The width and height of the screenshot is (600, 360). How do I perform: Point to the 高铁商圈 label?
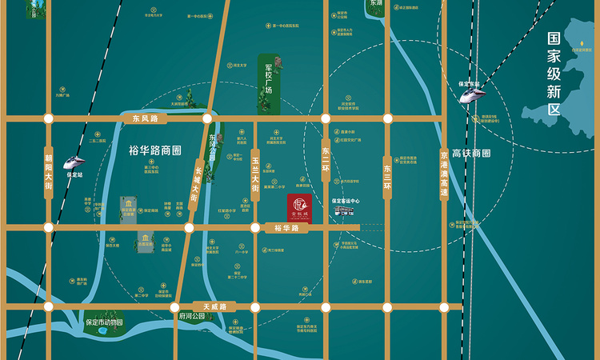click(x=470, y=153)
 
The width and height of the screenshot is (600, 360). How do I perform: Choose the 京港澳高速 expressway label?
click(x=446, y=172)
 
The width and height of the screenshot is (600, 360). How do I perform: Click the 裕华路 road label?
click(x=286, y=228)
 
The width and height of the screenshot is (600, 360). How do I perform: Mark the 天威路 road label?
click(x=214, y=306)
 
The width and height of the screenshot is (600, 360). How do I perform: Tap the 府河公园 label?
click(x=193, y=317)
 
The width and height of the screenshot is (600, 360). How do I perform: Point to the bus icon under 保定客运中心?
click(x=345, y=211)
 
